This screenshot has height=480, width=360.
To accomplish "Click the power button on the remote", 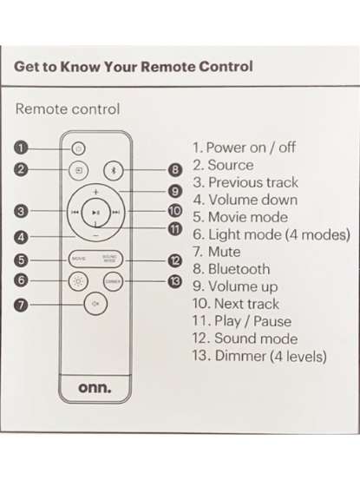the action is (x=78, y=148).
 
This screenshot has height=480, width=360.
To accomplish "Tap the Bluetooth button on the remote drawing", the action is (x=114, y=170).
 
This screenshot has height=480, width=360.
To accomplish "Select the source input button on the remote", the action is (x=78, y=170).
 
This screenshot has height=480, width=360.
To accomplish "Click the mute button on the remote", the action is (x=95, y=304).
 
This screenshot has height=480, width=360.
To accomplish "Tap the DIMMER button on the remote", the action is (x=113, y=281).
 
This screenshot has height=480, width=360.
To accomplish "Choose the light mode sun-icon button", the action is (x=78, y=281).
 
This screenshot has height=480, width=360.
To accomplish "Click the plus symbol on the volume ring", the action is (x=96, y=192).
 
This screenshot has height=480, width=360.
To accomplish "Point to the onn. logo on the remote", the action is (x=95, y=388).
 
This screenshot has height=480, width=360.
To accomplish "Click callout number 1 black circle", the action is (x=21, y=148).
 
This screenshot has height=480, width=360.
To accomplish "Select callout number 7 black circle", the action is (x=21, y=305).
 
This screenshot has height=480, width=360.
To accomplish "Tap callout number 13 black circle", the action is (x=174, y=281).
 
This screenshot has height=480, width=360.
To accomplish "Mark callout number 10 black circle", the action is (x=174, y=211).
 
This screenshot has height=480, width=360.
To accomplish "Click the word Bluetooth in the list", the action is (x=239, y=269).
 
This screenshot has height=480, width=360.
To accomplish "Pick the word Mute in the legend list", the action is (x=224, y=252).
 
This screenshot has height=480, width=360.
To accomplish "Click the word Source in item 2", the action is (x=231, y=165).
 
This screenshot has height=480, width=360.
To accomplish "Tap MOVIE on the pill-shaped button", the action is (x=79, y=259).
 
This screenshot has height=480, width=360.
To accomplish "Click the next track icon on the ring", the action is (x=116, y=213).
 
